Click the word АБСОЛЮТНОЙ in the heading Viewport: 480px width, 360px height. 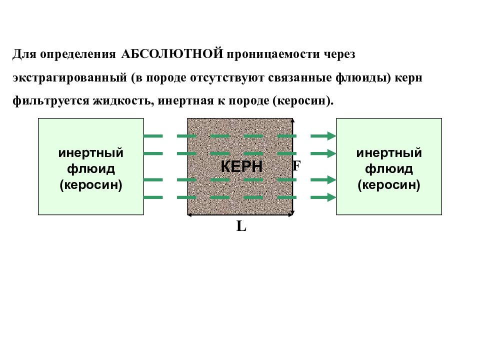[x=172, y=54]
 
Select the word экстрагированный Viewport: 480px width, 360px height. [x=70, y=78]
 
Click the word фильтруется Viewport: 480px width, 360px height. [x=51, y=101]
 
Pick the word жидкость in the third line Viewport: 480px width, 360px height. [x=124, y=101]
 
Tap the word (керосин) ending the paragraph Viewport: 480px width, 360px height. [x=303, y=101]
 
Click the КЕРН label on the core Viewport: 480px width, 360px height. [x=241, y=166]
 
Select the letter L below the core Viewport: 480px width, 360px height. [x=241, y=226]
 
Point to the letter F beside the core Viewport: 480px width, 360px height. [x=296, y=166]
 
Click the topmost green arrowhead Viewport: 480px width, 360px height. [x=331, y=135]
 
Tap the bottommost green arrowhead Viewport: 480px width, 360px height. [x=331, y=197]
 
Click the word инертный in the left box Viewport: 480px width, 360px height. [x=91, y=153]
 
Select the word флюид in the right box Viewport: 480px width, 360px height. [x=389, y=168]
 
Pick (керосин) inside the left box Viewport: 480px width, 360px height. [x=91, y=185]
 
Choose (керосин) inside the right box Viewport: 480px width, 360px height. [x=389, y=185]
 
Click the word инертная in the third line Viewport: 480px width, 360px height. [x=186, y=101]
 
